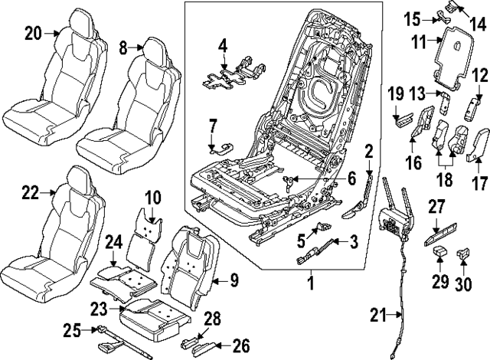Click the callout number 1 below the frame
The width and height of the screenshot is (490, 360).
(310, 284)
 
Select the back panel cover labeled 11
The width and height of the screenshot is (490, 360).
(452, 57)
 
